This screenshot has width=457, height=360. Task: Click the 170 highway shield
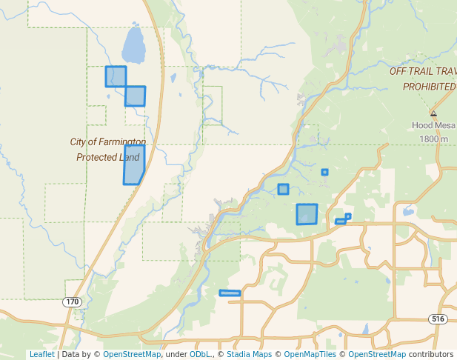[x=72, y=302]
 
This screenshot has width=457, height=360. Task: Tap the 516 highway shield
[x=438, y=319]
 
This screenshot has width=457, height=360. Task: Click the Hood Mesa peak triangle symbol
[x=433, y=114]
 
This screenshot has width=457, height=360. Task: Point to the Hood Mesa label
[x=433, y=126]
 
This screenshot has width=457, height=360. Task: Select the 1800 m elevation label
[x=433, y=139]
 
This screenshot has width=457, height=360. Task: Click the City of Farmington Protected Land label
[x=108, y=150]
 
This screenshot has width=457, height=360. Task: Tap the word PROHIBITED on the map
[x=429, y=87]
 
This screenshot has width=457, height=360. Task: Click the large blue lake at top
[x=133, y=46]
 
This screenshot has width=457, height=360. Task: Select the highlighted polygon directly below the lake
[x=116, y=76]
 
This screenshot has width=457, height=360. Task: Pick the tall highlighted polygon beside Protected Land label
[x=133, y=164]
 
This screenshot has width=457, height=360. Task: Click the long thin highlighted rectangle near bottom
[x=230, y=293]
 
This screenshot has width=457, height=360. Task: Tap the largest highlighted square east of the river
[x=307, y=214]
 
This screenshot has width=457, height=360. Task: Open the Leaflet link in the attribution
[x=41, y=354]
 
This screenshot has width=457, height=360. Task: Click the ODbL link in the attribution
[x=199, y=354]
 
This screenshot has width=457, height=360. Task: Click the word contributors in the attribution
[x=431, y=354]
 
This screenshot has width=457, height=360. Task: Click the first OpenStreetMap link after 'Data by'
[x=132, y=354]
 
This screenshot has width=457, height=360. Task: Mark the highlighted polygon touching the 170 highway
[x=135, y=96]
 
